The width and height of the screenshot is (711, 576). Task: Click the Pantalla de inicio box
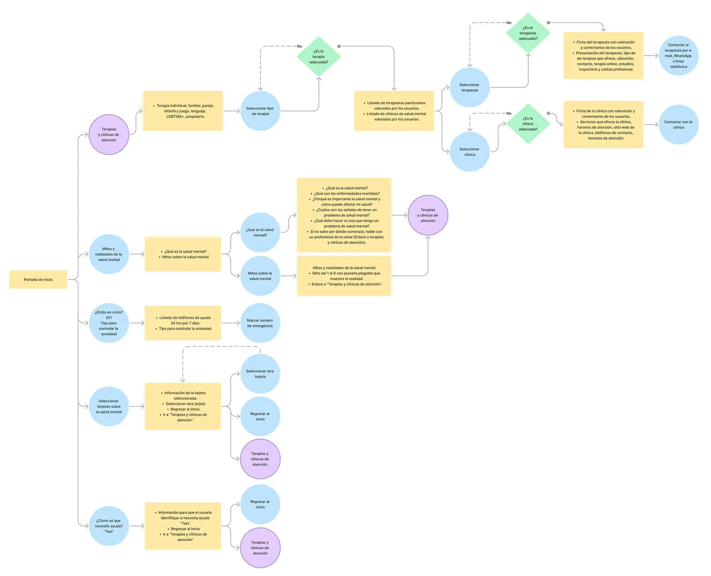click(38, 279)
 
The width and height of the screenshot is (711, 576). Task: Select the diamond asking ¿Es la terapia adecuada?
click(319, 57)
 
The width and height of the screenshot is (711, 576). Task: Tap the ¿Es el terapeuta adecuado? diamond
click(528, 33)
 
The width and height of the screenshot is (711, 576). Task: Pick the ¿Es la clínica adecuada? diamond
click(528, 124)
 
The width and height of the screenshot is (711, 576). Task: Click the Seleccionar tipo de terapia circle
click(260, 111)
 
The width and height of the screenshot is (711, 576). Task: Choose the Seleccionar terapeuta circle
click(469, 87)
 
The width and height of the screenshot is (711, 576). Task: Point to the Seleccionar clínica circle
click(469, 151)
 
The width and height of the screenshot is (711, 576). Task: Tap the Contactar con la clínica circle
click(678, 125)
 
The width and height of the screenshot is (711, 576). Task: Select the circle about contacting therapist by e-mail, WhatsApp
click(678, 56)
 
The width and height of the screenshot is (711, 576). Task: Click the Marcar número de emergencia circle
click(260, 323)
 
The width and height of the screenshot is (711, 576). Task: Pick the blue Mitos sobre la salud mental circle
click(260, 276)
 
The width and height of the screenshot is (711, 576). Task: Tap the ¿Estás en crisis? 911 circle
click(109, 323)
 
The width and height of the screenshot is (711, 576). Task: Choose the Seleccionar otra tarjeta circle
click(260, 374)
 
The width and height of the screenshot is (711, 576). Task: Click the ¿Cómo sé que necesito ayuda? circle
click(109, 526)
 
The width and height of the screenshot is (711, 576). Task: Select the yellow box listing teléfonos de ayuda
click(183, 323)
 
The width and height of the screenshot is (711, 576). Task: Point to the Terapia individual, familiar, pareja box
click(183, 111)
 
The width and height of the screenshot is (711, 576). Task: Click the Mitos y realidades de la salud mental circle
click(109, 254)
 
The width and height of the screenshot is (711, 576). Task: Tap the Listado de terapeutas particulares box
click(394, 111)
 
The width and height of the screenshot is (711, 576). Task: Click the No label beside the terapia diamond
click(300, 46)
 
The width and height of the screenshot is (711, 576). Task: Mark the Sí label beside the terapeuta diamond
click(548, 23)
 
